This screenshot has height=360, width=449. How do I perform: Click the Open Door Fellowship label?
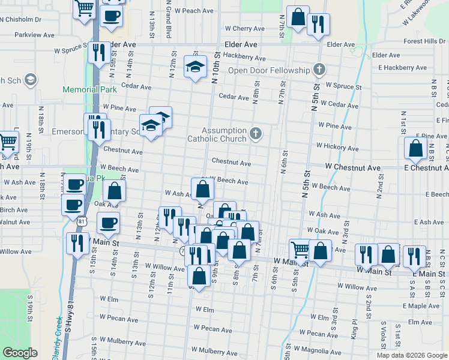(268, 70)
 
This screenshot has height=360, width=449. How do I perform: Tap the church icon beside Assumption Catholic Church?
(256, 133)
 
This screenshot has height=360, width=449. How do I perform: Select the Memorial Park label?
(89, 89)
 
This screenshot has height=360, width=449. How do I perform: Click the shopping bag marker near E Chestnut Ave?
(415, 148)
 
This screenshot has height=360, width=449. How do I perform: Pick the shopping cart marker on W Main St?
(300, 249)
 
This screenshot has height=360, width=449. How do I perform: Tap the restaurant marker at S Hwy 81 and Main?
(77, 244)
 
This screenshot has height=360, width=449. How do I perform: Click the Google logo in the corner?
(20, 353)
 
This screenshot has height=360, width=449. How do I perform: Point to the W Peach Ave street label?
(193, 11)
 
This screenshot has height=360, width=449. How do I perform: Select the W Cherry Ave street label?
(244, 28)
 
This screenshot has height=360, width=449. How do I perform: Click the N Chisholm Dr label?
(21, 19)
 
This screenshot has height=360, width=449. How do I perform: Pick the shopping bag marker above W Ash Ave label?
(203, 188)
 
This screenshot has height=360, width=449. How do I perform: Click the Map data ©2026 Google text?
(411, 355)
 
